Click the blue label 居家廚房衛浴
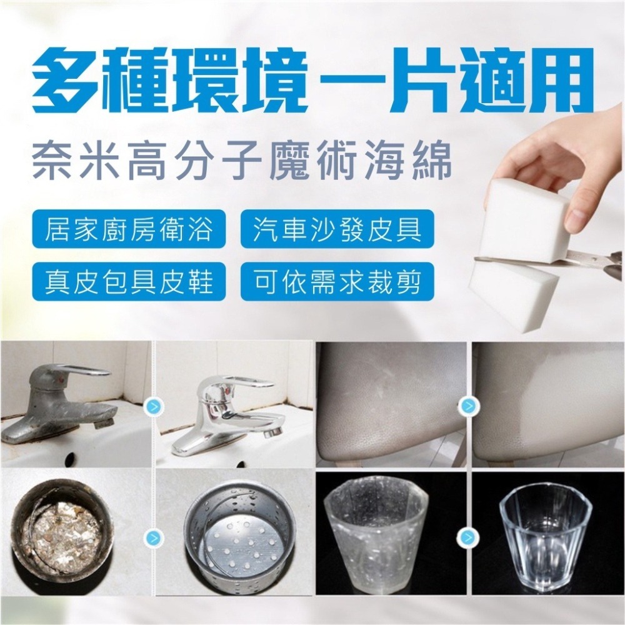129,229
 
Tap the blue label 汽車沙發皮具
337,229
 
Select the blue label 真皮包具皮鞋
129,281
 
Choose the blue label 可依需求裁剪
337,281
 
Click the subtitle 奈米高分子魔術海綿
241,161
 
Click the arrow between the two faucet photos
154,407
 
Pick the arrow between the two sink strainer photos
154,538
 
